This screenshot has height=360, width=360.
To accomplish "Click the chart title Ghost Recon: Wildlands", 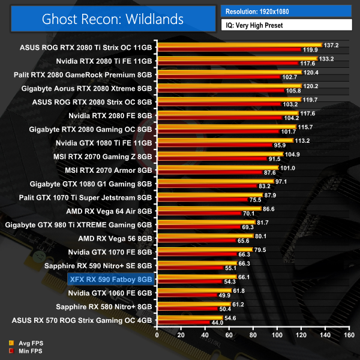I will tap(113, 19).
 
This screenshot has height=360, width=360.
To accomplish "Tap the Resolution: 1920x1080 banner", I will tap(286, 11).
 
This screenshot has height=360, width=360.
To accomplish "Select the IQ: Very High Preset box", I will tap(286, 26).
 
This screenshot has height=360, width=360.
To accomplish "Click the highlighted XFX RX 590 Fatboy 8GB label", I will tap(112, 279).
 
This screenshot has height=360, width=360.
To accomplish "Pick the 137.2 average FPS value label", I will tap(331, 45).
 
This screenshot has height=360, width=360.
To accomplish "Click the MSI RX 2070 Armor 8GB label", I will tap(112, 170).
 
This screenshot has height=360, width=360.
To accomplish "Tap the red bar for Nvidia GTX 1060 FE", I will tap(186, 296).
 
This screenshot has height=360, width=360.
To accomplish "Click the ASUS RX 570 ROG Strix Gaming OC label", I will tap(86, 321).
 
